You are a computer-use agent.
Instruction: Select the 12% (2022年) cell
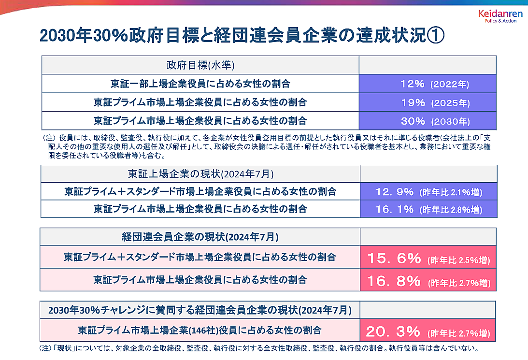click(428, 84)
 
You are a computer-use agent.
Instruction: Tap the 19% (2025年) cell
click(428, 102)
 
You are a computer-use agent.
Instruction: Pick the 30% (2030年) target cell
click(428, 121)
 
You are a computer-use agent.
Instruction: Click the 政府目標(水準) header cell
click(200, 65)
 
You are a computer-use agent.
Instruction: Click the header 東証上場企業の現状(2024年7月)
click(200, 174)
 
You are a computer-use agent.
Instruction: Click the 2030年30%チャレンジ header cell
click(200, 309)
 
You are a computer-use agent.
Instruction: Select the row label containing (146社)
click(200, 331)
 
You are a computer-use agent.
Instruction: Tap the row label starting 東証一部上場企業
click(200, 84)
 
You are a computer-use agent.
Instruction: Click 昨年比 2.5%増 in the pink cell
click(458, 260)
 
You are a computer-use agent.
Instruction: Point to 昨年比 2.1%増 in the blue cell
click(451, 192)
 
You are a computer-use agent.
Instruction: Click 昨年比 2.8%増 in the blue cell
click(451, 210)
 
